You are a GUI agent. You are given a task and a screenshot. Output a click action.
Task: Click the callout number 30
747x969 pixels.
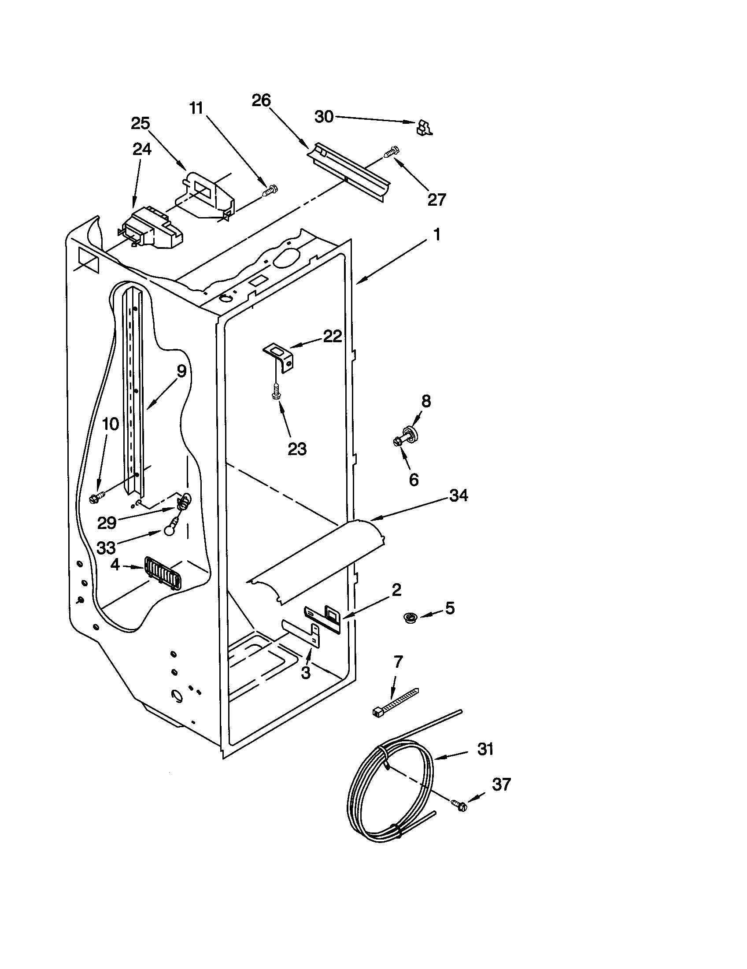pos(324,117)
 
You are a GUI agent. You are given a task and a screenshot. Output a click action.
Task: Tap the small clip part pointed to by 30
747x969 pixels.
pos(424,128)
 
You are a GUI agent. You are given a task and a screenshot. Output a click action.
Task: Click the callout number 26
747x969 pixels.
pos(261,101)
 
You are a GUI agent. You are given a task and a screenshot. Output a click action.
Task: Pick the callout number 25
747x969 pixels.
pos(140,123)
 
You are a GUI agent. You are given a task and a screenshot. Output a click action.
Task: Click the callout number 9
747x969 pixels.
pos(181,371)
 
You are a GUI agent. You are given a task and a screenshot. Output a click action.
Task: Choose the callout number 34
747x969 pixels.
pos(459,495)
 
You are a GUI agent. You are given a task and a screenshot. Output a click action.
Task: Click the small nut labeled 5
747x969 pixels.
pos(410,617)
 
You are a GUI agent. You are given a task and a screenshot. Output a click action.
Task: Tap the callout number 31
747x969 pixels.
pos(485,749)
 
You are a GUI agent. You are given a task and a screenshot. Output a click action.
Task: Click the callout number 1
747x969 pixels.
pos(436,234)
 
